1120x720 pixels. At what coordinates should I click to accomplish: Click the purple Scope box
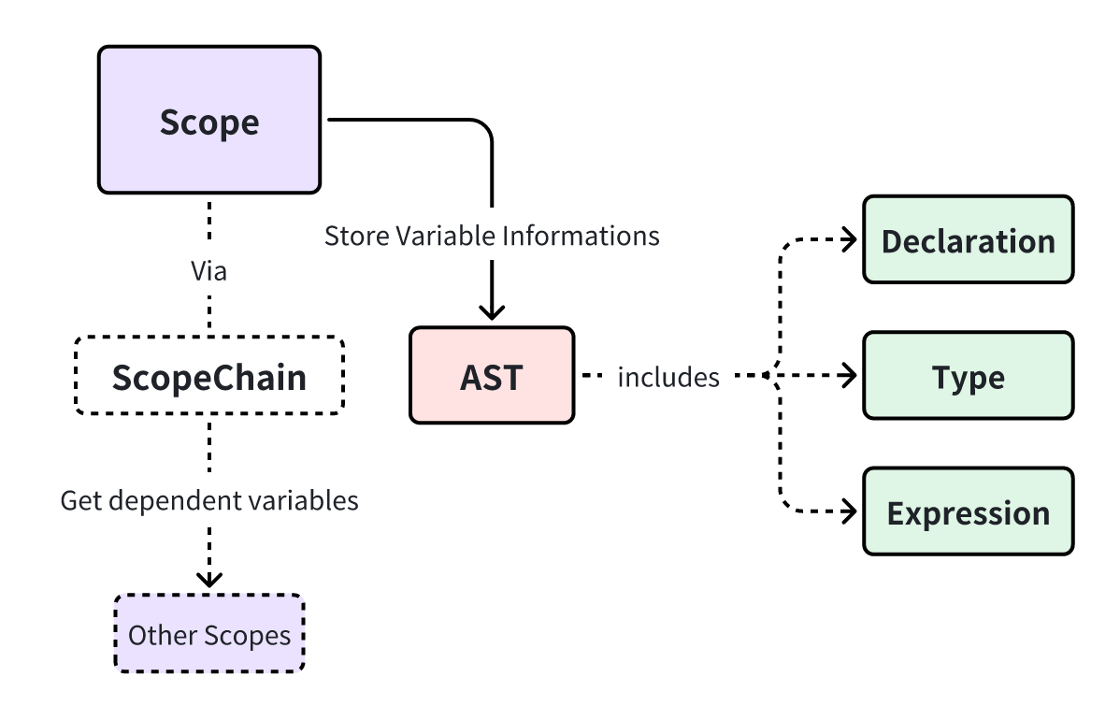coord(209,120)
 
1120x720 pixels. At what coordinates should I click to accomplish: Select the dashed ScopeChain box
coord(209,376)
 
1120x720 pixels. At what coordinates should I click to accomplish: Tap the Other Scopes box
coord(209,634)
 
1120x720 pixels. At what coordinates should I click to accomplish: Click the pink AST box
coord(492,376)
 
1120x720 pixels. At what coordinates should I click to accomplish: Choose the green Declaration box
coord(968,240)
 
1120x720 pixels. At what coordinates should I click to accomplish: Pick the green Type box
coord(968,376)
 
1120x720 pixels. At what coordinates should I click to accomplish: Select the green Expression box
coord(968,512)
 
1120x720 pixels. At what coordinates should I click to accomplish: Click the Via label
coord(209,272)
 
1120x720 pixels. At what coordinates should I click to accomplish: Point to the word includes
coord(668,377)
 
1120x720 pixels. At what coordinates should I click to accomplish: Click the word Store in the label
coord(355,236)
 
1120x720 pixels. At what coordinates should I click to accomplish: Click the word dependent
coord(155,500)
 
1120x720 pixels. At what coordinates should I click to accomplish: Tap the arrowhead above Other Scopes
coord(209,579)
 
